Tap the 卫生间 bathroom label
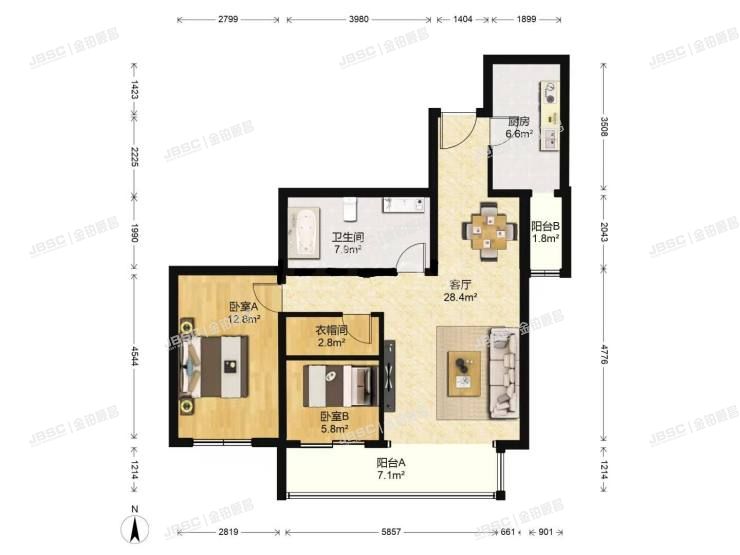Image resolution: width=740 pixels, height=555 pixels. (x=347, y=237)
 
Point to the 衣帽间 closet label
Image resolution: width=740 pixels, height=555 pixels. (x=331, y=330)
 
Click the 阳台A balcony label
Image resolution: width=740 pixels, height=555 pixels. (x=390, y=463)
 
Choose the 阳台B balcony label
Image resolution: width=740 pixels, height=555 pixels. (x=545, y=227)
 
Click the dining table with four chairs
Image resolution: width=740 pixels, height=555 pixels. (x=487, y=231)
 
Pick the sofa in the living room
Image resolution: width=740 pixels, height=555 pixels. (x=503, y=371)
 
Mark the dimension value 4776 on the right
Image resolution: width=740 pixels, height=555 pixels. (x=603, y=357)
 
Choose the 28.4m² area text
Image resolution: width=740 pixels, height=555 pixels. (x=460, y=296)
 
